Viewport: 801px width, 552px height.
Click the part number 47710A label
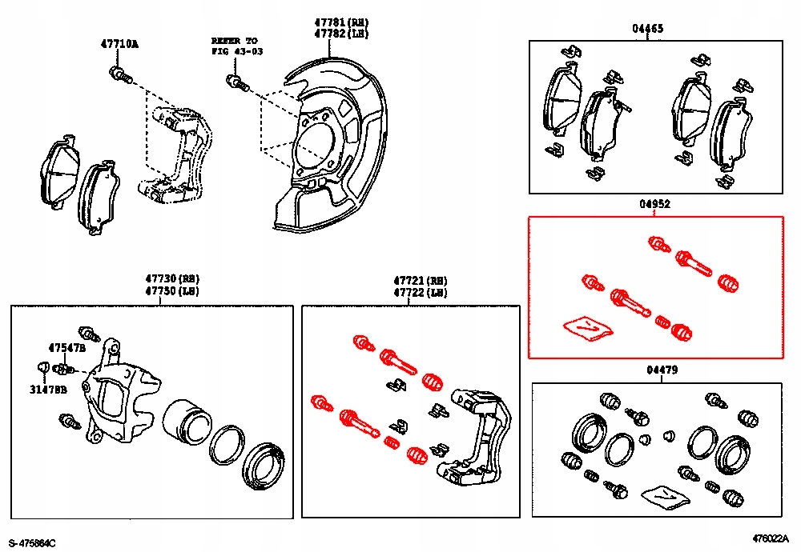[119, 44]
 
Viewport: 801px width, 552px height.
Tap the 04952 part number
[655, 205]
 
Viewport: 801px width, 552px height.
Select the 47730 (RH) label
[171, 279]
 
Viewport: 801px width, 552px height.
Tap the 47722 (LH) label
[420, 293]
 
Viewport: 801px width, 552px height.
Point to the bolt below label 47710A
[119, 76]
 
